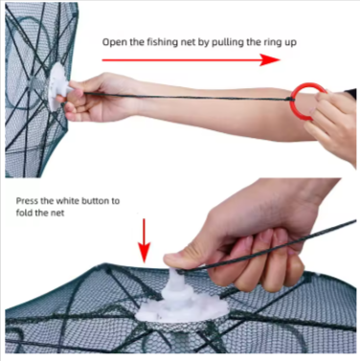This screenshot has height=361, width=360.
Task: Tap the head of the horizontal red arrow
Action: (270, 59)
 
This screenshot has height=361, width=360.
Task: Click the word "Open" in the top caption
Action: (115, 42)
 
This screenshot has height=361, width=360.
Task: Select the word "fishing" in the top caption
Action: (161, 42)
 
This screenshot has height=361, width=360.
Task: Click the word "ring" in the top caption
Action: (271, 42)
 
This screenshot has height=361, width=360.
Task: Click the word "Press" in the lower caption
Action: (27, 201)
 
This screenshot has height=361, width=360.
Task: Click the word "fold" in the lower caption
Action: (23, 213)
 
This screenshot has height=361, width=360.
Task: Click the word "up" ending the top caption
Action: (289, 43)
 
